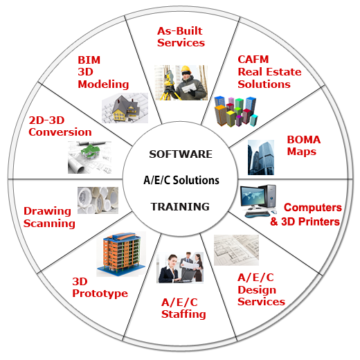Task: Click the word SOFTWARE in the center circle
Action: coord(181,154)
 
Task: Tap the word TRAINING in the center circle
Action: coord(180,206)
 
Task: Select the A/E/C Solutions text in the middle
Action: coord(181,180)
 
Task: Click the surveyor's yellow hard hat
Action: coord(186,69)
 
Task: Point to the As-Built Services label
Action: coord(181,37)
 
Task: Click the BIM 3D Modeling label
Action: coord(103,72)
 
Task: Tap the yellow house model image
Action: coord(125,108)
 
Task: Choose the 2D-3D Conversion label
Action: coord(60,126)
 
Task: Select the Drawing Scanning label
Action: coord(49,217)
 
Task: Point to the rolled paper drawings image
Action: coord(98,200)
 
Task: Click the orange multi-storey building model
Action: coord(121,254)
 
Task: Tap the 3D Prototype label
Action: coord(100,288)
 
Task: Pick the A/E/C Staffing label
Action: coord(183,308)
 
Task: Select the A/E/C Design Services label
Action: coord(261,289)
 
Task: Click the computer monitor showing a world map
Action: coord(253,197)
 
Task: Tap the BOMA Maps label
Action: coord(304,145)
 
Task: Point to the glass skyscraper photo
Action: coord(261,157)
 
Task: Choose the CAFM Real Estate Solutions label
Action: coord(269,72)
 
